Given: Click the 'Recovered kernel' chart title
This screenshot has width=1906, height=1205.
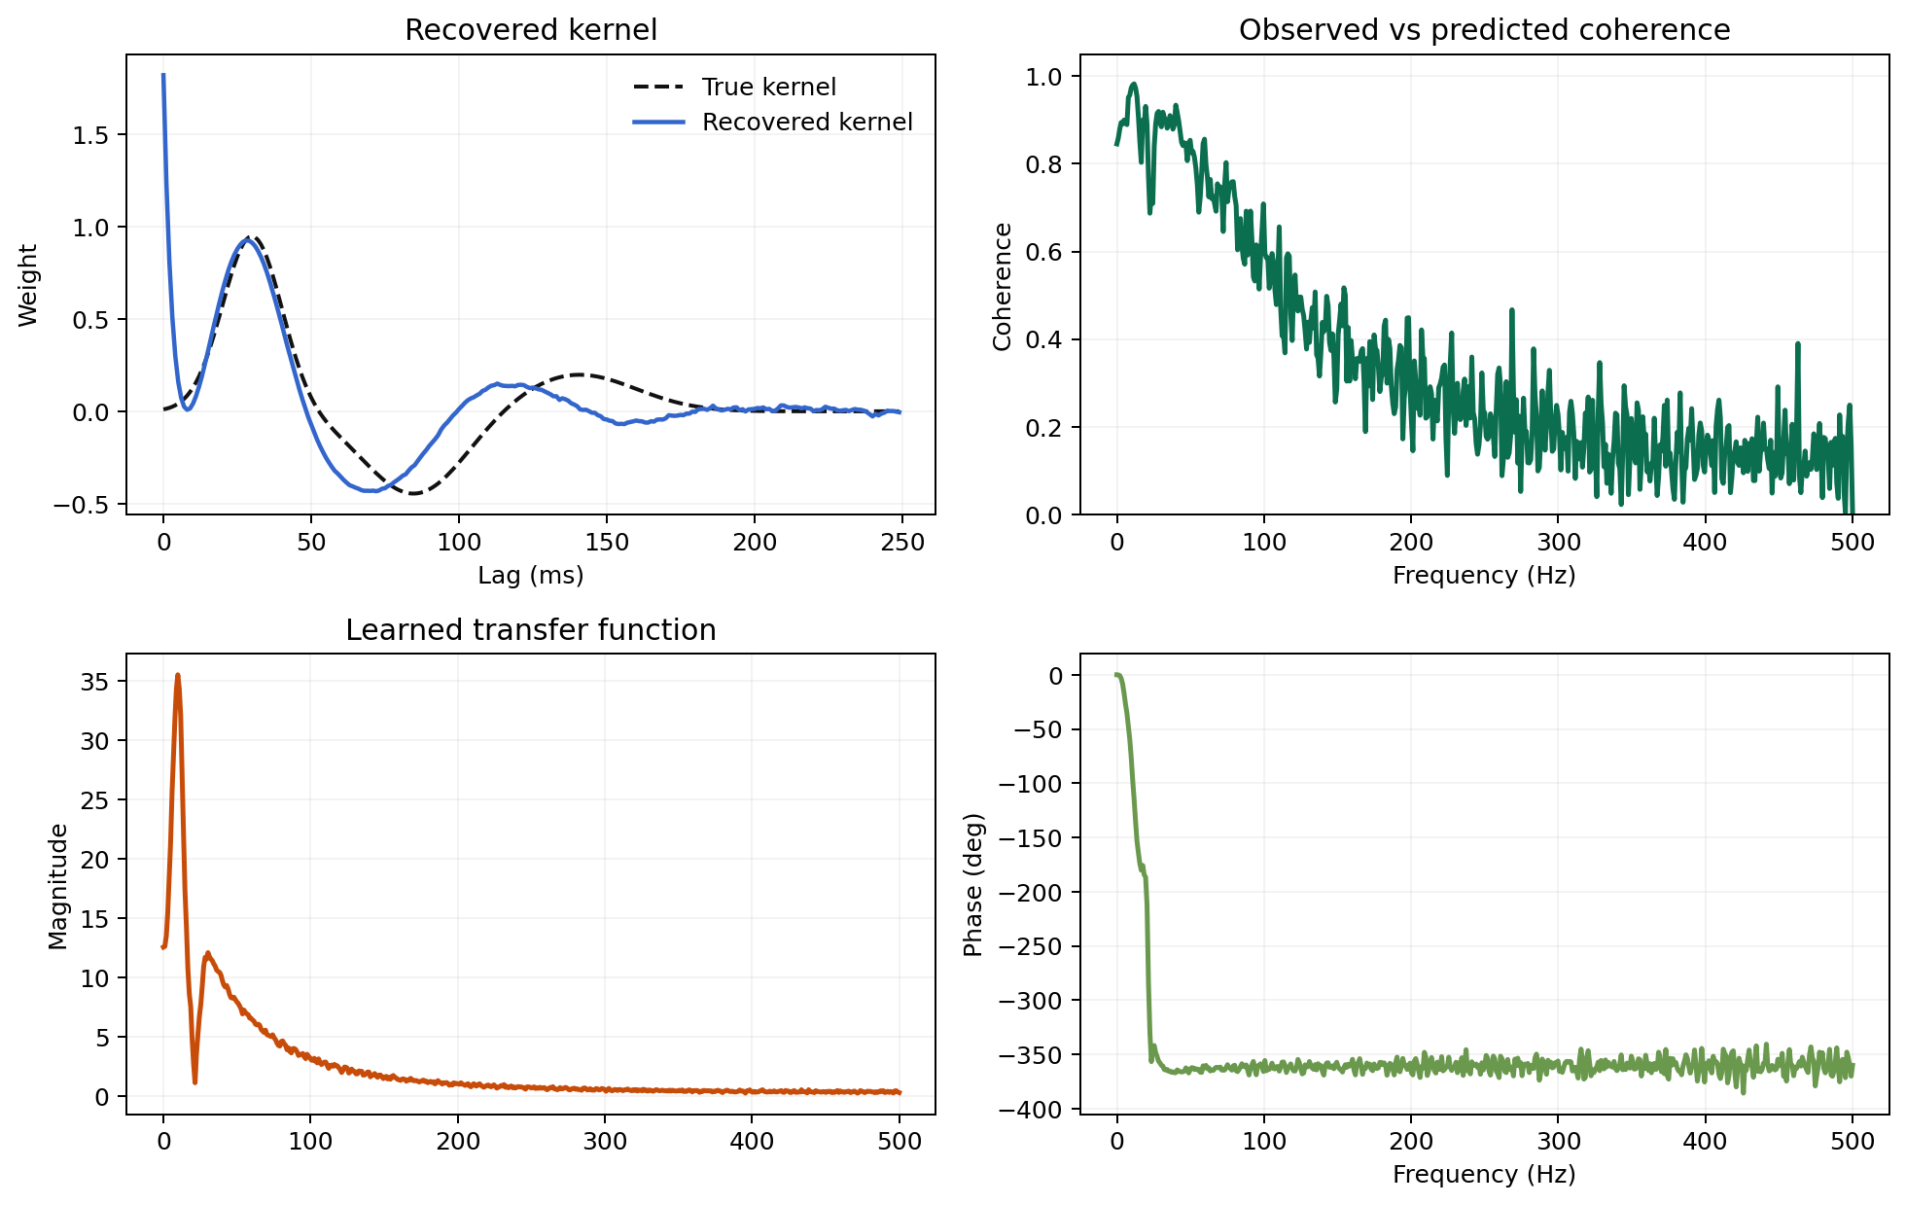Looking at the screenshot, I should click(x=531, y=30).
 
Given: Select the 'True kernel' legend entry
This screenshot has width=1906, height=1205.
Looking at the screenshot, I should click(x=768, y=88).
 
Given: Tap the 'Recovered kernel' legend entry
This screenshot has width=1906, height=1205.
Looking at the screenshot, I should click(x=807, y=123).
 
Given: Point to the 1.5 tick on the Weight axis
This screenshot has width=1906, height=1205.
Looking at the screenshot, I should click(x=91, y=135).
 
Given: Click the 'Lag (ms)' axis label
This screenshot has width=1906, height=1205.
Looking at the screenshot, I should click(x=531, y=576).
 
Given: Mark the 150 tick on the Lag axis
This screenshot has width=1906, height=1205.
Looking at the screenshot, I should click(x=607, y=543).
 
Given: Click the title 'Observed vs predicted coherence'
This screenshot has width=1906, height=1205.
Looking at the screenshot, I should click(x=1484, y=30).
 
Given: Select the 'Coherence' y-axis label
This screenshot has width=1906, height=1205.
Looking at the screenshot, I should click(x=1003, y=286).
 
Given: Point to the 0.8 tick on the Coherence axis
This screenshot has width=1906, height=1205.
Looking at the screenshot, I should click(x=1045, y=164).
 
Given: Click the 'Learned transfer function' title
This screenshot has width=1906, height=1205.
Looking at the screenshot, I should click(x=531, y=630).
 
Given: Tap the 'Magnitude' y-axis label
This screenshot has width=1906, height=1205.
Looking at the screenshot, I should click(x=58, y=886).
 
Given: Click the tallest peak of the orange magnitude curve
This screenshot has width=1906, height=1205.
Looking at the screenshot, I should click(x=178, y=676).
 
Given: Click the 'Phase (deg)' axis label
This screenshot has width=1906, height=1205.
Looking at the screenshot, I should click(x=973, y=885).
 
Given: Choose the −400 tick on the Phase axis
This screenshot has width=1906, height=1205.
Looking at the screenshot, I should click(x=1038, y=1109).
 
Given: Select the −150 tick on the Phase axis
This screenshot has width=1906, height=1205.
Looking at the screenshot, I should click(x=1038, y=837).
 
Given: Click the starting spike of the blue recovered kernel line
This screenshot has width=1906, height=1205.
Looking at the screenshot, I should click(x=163, y=76).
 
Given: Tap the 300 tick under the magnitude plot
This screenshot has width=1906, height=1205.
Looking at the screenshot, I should click(x=605, y=1142).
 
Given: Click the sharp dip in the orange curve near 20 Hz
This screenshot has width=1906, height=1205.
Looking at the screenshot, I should click(x=195, y=1081).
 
